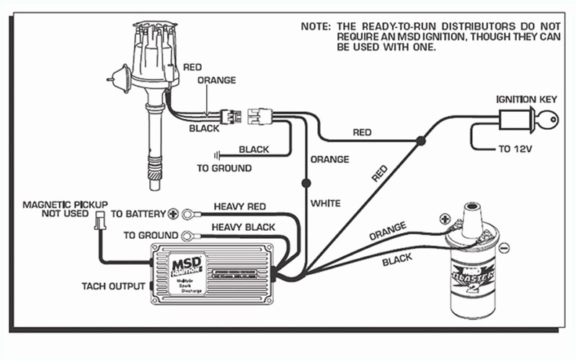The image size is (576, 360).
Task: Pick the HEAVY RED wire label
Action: [x=240, y=206]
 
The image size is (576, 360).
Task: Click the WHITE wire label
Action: [x=325, y=203]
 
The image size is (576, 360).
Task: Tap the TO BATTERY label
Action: [x=138, y=214]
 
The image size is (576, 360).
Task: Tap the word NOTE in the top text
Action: [x=314, y=26]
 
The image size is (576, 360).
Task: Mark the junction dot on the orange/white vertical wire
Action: [x=306, y=183]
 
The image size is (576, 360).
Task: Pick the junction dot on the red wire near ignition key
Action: [x=418, y=144]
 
